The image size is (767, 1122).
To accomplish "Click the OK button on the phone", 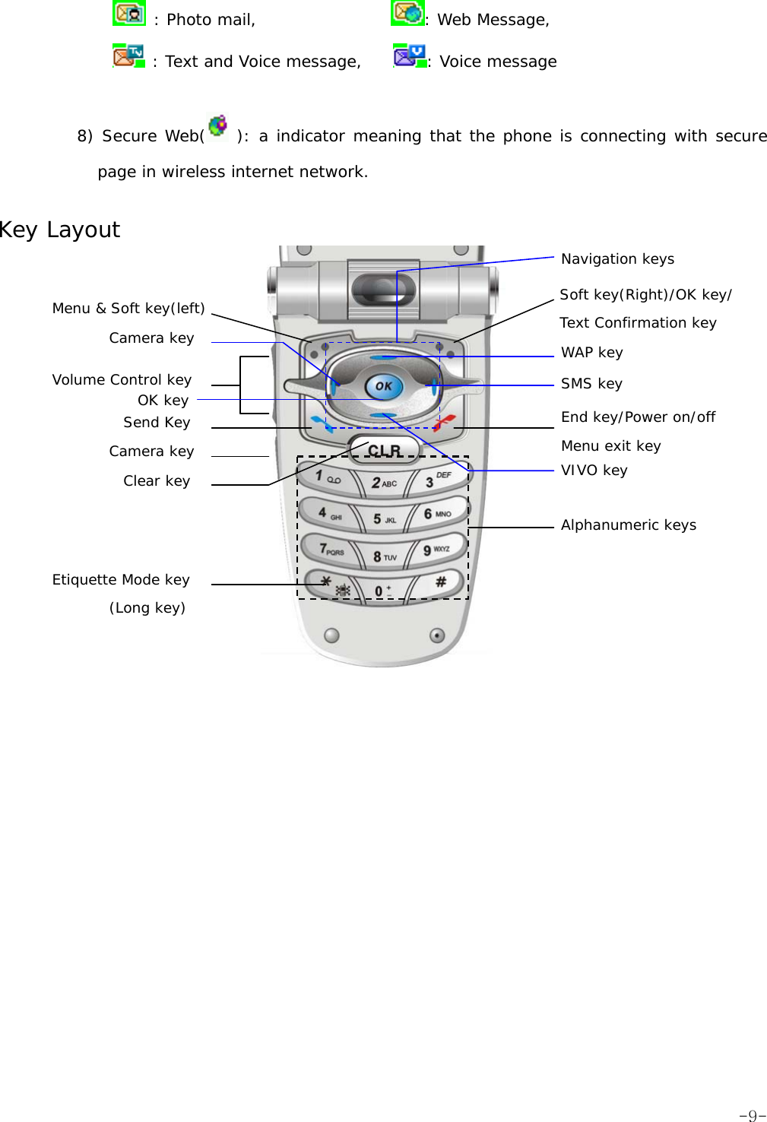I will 383,386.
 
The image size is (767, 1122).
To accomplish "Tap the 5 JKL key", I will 384,518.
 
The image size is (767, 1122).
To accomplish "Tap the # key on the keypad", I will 440,582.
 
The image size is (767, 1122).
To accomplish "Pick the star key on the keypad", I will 328,583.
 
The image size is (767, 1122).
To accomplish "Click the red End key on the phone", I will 444,422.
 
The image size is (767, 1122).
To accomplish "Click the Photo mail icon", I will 129,14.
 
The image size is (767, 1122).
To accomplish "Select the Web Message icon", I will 407,13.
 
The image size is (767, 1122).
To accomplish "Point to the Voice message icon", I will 409,56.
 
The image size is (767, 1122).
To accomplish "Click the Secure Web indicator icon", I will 218,127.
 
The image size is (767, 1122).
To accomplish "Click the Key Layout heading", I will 59,230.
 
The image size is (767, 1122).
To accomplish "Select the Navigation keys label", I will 617,259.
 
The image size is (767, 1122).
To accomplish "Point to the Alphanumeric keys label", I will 628,525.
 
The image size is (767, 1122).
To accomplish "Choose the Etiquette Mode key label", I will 121,580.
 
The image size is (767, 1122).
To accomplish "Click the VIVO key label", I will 594,471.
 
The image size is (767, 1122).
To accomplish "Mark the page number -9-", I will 751,1115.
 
